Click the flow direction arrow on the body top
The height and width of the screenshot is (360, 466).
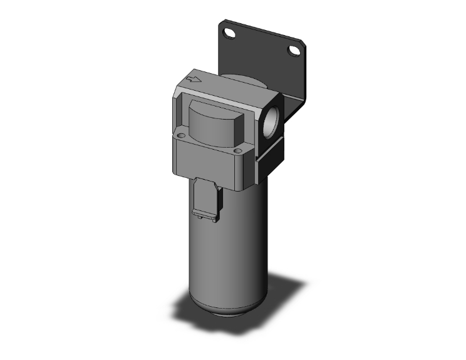(x=194, y=80)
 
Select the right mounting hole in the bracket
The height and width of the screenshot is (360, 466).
(x=293, y=51)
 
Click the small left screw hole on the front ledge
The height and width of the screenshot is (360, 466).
(x=182, y=135)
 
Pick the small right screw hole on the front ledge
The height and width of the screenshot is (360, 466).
(x=237, y=150)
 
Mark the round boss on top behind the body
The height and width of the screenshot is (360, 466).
(x=241, y=80)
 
